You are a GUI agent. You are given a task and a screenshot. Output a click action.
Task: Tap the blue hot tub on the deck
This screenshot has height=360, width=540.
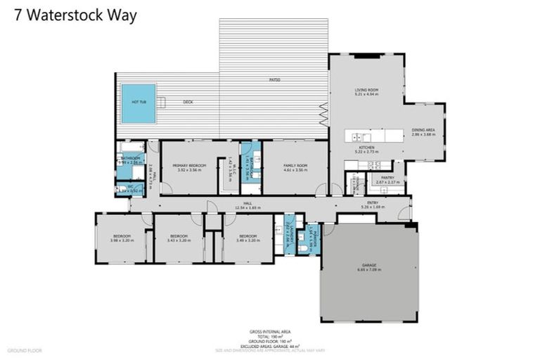coord(139,103)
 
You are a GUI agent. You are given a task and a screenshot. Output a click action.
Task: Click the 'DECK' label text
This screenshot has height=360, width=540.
coord(188,103)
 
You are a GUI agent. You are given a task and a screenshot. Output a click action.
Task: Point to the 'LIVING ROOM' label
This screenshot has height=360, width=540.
coord(366,89)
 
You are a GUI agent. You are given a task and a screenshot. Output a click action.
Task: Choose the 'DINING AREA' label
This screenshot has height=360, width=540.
coord(422,131)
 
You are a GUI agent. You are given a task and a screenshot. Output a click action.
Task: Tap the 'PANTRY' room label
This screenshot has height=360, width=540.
coord(387,177)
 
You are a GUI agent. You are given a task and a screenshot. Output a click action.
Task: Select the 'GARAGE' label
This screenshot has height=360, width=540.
coord(369,265)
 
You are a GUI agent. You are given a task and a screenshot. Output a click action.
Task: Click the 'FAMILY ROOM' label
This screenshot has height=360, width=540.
coord(295,165)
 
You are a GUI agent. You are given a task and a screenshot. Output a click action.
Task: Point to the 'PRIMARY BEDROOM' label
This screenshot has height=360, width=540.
coord(188,165)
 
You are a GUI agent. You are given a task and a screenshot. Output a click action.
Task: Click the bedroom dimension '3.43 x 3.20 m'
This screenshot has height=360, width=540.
coord(179,240)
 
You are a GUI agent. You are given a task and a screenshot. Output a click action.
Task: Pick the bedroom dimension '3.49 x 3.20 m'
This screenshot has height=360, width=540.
coord(247,240)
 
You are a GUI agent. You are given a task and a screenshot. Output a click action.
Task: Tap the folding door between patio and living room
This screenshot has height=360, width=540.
coord(325,111)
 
